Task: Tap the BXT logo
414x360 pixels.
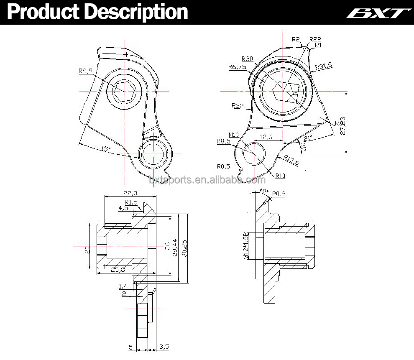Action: [377, 13]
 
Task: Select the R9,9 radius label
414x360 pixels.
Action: [85, 71]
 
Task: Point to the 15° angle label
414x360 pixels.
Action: [105, 148]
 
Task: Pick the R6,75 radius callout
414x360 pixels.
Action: [237, 67]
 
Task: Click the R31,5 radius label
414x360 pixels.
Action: [324, 66]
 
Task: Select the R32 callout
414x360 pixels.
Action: [237, 106]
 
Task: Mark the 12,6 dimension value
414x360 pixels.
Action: [266, 137]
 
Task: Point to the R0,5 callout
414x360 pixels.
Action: [223, 166]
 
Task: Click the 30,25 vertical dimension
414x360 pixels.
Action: [184, 248]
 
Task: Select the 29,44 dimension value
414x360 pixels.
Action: [175, 248]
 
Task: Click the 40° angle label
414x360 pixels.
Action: [263, 191]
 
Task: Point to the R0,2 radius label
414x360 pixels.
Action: [279, 194]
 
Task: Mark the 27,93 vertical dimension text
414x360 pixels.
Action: [343, 125]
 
